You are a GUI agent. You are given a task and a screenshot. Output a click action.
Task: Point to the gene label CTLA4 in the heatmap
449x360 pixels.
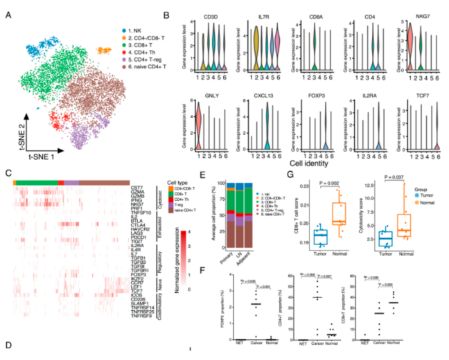pyautogui.click(x=139, y=224)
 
